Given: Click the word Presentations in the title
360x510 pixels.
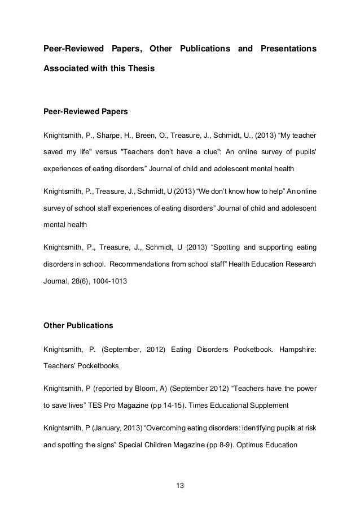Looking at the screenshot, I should click(288, 49).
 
